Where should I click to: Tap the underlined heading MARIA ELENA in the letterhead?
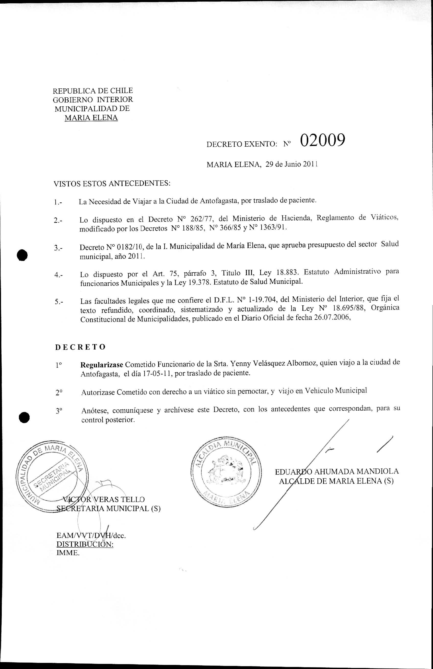[91, 118]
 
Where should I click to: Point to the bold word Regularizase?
[101, 365]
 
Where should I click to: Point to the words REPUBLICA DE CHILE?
[93, 91]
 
